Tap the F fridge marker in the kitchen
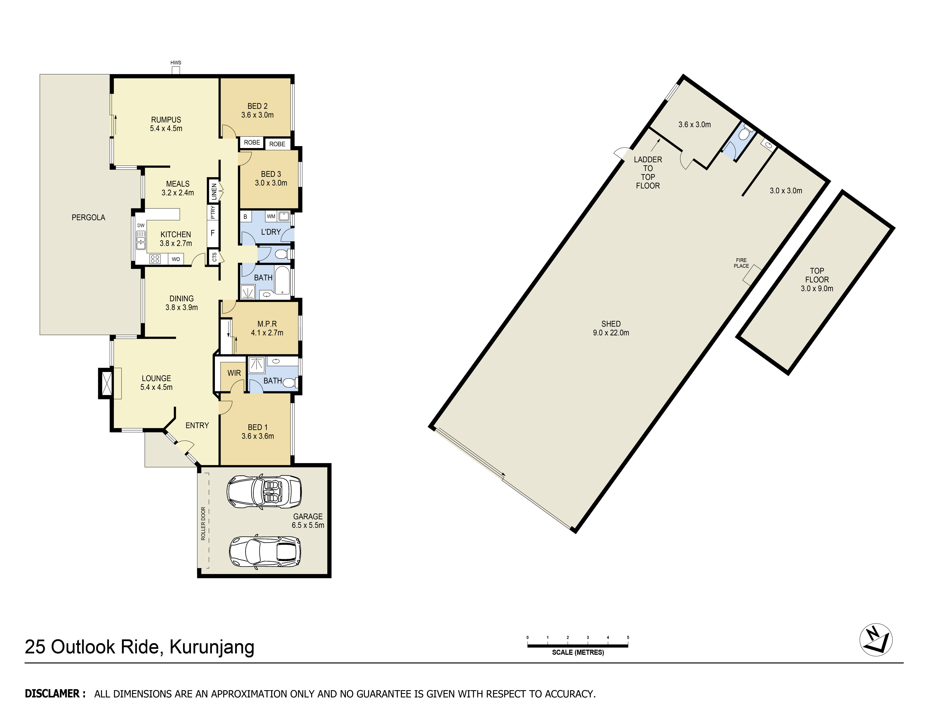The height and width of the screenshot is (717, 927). (213, 233)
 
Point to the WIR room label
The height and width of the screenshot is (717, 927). (234, 373)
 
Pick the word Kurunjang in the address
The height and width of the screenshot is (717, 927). (212, 647)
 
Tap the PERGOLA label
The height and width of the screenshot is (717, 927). (88, 217)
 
